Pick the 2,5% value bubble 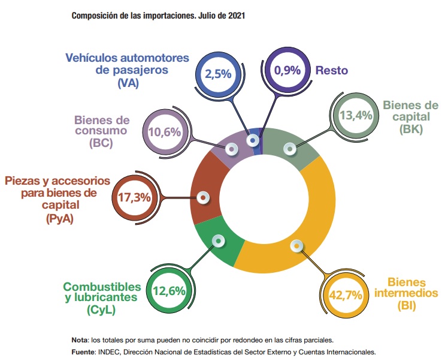pos(218,74)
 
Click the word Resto pos(332,71)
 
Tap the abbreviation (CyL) pos(97,310)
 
